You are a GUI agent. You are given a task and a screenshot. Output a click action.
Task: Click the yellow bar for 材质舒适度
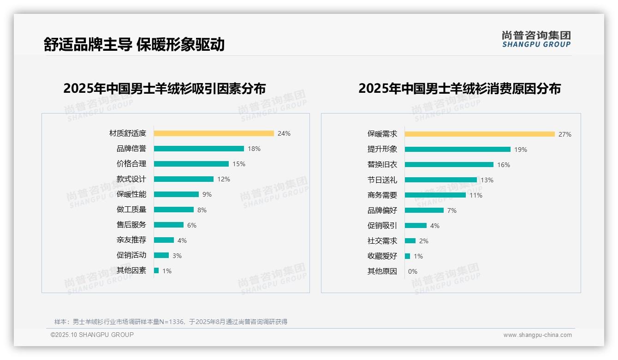[x=214, y=133]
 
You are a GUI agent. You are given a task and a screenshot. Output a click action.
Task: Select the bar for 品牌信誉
[x=199, y=149]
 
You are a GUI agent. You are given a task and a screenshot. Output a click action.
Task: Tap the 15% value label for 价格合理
[x=239, y=164]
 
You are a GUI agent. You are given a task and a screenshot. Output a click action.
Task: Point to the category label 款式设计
[x=131, y=179]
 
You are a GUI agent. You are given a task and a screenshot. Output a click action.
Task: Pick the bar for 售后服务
[x=168, y=225]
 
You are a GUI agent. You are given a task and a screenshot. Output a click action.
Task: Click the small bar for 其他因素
[x=156, y=270]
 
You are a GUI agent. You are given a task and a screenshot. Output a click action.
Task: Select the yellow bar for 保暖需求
[x=480, y=134]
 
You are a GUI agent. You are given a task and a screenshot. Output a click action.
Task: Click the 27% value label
[x=565, y=134]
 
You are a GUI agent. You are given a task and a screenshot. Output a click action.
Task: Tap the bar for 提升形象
[x=458, y=150]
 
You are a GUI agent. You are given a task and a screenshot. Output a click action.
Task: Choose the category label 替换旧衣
[x=382, y=165]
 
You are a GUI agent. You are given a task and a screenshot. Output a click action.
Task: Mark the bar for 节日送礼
[x=440, y=180]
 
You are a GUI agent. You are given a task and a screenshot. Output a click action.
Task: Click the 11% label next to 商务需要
[x=476, y=195]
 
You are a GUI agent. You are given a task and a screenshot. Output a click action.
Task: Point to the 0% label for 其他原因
[x=412, y=271]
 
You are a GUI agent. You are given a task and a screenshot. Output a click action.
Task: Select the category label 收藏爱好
[x=382, y=256]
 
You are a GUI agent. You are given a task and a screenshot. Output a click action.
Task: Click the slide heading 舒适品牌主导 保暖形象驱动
[x=134, y=44]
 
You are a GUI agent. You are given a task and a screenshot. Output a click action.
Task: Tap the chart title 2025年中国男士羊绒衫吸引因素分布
[x=165, y=88]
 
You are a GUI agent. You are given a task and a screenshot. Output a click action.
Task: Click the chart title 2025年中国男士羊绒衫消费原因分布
[x=459, y=88]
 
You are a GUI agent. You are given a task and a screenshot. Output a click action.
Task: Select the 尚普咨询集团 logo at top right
[x=536, y=39]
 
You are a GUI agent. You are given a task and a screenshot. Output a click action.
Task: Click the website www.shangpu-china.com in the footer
[x=537, y=335]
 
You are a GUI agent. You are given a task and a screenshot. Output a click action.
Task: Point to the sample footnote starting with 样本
[x=171, y=322]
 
